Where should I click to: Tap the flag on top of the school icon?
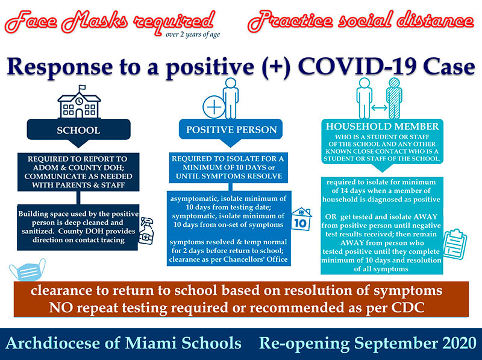82,87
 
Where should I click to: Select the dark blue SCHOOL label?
79,130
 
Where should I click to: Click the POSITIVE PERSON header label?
231,130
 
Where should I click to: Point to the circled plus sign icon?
214,107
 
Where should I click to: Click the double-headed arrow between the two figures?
380,108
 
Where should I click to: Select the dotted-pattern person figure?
395,98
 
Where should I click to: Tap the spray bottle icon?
146,231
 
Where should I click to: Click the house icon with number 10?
301,219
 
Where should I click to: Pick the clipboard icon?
455,244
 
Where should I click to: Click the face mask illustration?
27,270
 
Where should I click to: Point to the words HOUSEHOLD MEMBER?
383,127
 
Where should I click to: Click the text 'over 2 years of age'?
193,34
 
